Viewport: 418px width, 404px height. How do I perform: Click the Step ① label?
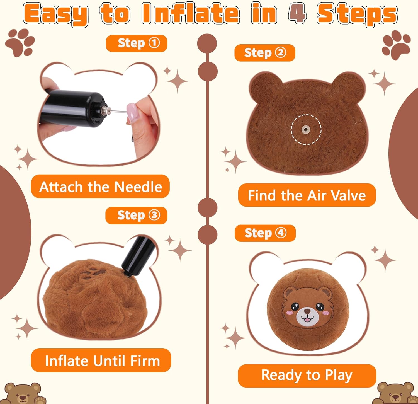point(137,43)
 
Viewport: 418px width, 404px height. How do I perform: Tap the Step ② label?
point(265,53)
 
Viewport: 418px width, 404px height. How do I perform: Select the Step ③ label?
point(136,215)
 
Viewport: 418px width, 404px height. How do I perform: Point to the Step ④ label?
point(265,233)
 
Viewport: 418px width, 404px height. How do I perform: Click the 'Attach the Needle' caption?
point(100,187)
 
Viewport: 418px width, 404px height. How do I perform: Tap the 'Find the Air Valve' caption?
point(307,195)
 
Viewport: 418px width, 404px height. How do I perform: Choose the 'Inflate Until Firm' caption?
point(101,360)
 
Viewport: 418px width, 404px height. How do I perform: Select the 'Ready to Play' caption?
point(307,375)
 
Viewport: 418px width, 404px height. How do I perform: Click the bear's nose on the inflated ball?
point(307,311)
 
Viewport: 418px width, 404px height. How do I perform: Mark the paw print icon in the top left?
point(20,42)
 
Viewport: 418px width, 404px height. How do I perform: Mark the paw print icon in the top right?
point(397,44)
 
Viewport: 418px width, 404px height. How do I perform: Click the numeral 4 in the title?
point(297,13)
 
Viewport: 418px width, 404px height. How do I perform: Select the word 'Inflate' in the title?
point(191,13)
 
